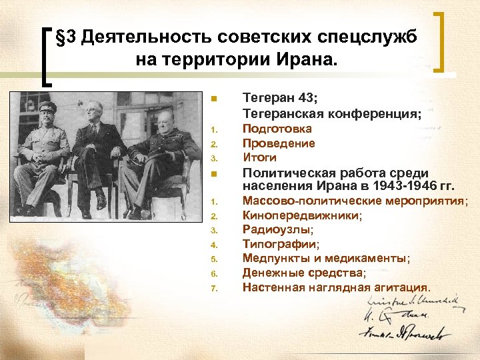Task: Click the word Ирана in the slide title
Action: click(x=307, y=61)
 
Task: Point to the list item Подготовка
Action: click(x=277, y=128)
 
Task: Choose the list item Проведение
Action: click(x=279, y=143)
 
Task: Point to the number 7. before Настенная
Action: click(x=214, y=288)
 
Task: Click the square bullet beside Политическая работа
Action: click(x=214, y=175)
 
